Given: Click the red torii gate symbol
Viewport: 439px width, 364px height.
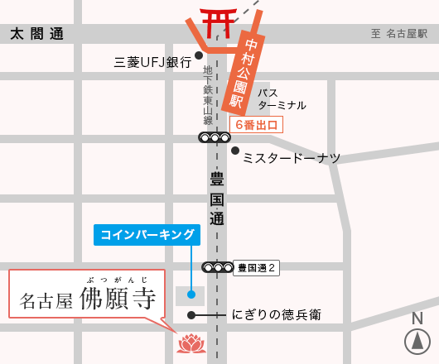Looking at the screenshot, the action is point(218,22).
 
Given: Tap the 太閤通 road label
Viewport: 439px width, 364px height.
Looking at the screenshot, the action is point(36,34).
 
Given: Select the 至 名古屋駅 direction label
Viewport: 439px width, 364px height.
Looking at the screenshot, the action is point(398,34).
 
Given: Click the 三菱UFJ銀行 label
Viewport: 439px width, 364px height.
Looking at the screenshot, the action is point(152,62).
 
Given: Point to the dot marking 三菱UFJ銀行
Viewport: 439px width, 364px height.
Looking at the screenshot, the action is point(199,55).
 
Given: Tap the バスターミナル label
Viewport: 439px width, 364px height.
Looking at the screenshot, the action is point(281,98).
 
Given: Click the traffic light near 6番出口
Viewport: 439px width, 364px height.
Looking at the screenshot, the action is point(215,137).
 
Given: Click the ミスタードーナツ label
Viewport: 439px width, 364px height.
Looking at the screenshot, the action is point(291,156).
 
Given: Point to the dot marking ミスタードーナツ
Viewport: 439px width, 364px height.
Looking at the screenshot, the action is point(235,151).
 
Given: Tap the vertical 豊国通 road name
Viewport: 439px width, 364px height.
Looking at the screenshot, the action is point(217,199).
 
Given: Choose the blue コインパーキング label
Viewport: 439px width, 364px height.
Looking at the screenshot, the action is point(147,235).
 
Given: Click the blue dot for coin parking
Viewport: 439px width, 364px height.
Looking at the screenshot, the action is point(191,293).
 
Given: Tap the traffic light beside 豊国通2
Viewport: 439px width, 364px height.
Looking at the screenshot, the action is point(218,267).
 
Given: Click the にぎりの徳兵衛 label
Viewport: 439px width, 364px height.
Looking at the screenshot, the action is point(276,314).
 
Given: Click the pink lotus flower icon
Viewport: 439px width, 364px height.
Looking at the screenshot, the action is point(192,342).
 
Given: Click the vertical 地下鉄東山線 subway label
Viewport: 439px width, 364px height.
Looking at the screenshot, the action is point(208,96).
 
